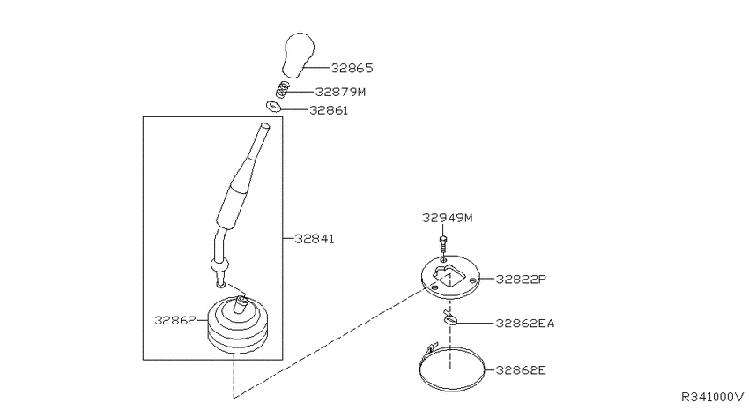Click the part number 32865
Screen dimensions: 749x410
click(352, 69)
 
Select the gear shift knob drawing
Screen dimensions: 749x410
click(299, 55)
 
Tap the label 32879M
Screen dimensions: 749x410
click(340, 92)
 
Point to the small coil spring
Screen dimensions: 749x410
click(282, 90)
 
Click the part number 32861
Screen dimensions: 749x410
click(330, 110)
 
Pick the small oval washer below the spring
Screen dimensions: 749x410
click(273, 106)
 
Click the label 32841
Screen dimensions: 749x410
click(315, 238)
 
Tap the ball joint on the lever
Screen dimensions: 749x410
click(219, 264)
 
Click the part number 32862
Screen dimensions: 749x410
click(174, 320)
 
